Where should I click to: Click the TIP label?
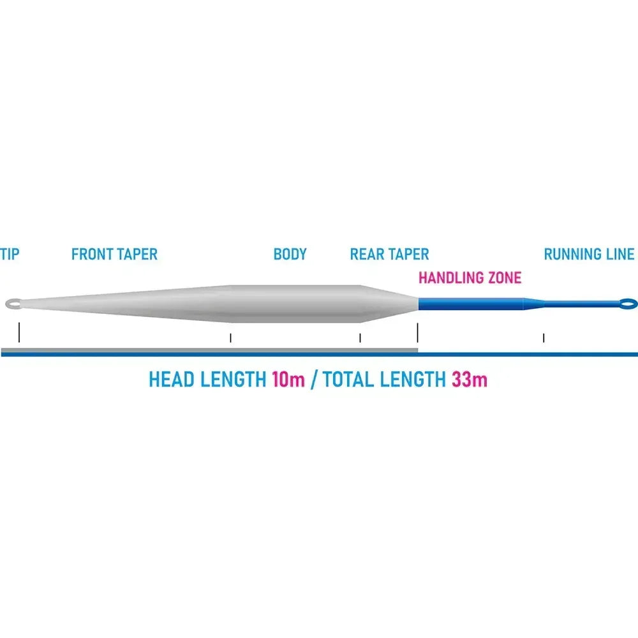point(10,255)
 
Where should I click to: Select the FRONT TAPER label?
point(114,255)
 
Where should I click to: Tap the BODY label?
point(290,255)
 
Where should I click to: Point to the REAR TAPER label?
point(389,255)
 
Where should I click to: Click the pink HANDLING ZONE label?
point(470,278)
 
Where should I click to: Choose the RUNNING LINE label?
point(589,255)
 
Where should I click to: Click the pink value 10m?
point(288,380)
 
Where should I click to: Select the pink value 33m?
point(469,380)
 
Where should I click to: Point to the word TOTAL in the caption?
point(349,380)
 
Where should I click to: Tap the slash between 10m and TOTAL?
point(314,380)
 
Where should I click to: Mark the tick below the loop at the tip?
point(19,332)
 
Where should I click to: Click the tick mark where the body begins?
point(231,338)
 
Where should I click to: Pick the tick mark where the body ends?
point(360,338)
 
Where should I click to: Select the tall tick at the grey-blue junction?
point(417,333)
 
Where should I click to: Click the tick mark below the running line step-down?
point(544,338)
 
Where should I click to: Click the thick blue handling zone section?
point(471,304)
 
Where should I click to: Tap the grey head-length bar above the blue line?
point(209,350)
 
